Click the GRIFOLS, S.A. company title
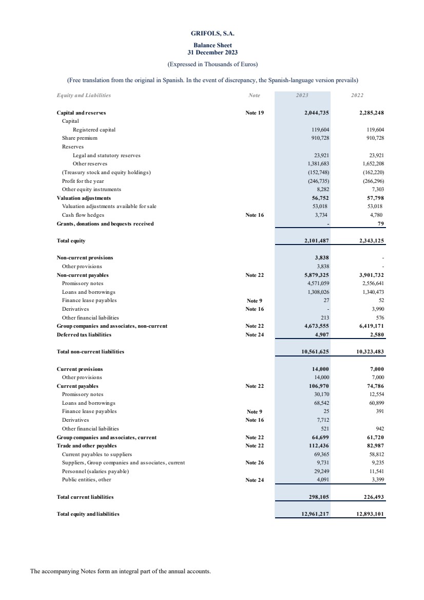coord(213,33)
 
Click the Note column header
coord(254,95)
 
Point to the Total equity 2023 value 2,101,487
coord(313,240)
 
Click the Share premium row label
coord(79,138)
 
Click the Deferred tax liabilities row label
coord(84,334)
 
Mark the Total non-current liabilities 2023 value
coord(313,352)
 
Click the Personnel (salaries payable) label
coord(95,471)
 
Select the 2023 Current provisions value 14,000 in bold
coord(318,369)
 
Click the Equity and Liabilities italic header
coord(83,95)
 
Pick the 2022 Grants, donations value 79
coord(381,223)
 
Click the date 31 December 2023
coord(213,52)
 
